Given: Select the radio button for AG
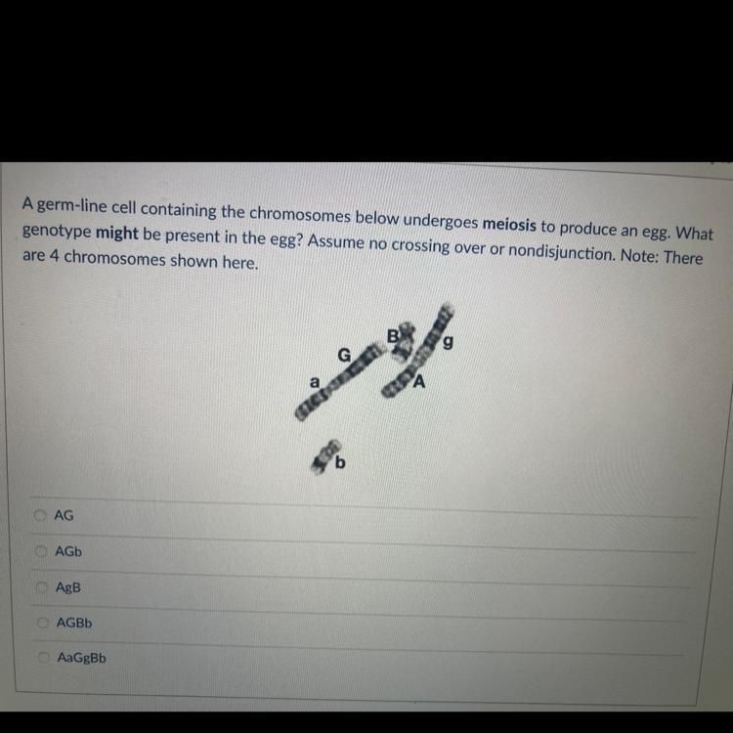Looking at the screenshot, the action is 41,515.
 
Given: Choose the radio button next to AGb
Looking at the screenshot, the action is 42,551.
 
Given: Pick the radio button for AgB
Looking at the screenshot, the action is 43,586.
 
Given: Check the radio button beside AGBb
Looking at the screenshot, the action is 43,623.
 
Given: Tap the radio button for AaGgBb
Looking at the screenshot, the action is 44,658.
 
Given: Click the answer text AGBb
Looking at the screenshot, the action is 74,623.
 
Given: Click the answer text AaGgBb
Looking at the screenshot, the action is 82,658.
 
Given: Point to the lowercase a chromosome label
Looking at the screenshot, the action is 315,382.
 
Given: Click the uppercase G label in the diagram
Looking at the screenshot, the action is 344,356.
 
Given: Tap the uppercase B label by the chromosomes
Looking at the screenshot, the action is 394,336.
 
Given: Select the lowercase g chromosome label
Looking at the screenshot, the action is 448,343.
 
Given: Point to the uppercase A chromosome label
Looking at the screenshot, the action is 419,382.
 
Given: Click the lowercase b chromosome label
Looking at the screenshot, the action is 340,462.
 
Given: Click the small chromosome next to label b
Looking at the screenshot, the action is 324,456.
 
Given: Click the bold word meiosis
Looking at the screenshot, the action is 509,225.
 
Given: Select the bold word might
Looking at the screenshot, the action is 117,233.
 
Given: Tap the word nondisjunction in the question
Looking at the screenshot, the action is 561,252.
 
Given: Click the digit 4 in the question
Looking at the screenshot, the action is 54,256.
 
